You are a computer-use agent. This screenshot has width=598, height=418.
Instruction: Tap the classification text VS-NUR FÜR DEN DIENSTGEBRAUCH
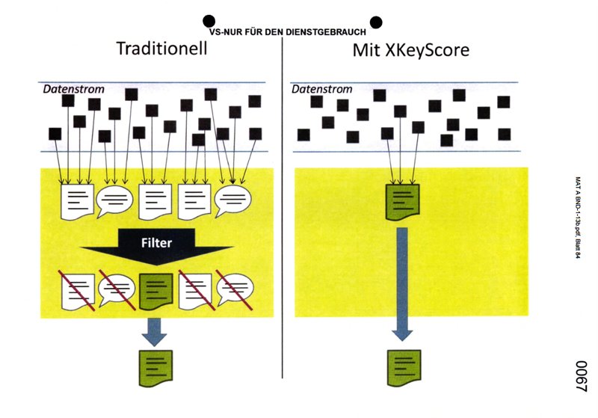tap(292, 32)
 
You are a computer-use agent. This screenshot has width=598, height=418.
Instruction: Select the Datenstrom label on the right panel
tap(321, 89)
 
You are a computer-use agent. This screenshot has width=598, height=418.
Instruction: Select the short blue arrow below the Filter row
tap(155, 329)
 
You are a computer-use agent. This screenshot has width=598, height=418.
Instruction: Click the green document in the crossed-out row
tap(156, 287)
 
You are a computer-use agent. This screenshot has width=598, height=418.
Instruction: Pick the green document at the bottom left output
tap(156, 367)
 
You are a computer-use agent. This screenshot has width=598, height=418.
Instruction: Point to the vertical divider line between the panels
tap(283, 224)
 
